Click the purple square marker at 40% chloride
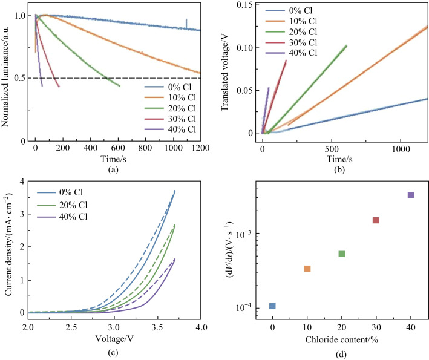pyautogui.click(x=411, y=195)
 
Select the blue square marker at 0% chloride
pyautogui.click(x=272, y=306)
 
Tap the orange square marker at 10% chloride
pyautogui.click(x=307, y=269)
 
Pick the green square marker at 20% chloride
pyautogui.click(x=341, y=254)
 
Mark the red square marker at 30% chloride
pyautogui.click(x=376, y=220)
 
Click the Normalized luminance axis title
pyautogui.click(x=7, y=73)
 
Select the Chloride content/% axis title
pyautogui.click(x=342, y=339)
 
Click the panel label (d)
pyautogui.click(x=342, y=353)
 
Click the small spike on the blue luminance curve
pyautogui.click(x=186, y=22)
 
